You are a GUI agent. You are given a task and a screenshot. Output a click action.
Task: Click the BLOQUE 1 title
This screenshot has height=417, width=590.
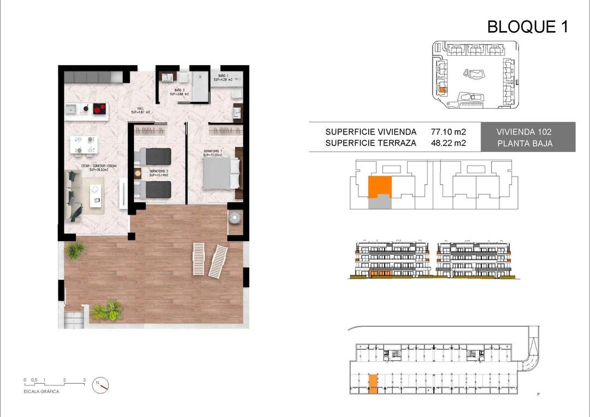pos(527,26)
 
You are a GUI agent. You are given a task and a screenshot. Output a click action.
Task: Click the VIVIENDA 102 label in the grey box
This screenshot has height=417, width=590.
pos(524,132)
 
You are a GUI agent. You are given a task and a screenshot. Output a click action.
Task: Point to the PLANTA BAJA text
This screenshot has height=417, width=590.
pos(524,144)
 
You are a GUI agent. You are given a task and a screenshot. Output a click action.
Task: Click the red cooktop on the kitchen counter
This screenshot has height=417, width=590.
pos(99,109)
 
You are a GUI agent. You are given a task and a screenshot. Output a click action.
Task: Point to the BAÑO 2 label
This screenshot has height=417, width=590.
pos(179,92)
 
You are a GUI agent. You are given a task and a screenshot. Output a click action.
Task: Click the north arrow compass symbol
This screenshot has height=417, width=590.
pos(100,384)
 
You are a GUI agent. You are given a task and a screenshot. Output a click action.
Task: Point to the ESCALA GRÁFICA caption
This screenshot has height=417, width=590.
pos(42,391)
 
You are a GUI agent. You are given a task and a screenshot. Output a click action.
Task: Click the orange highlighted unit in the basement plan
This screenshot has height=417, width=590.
pos(373,384)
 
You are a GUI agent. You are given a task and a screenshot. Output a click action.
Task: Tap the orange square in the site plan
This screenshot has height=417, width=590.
pos(443,90)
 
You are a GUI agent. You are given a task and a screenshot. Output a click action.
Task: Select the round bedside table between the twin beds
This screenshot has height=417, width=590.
pos(138,173)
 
